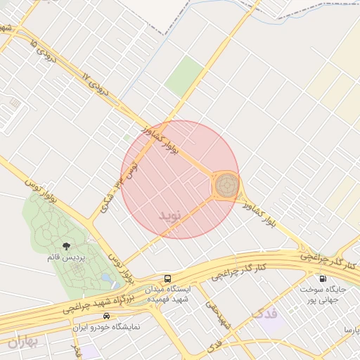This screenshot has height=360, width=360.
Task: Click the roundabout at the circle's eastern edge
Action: click(x=226, y=185)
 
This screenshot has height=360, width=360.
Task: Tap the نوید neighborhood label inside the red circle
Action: click(x=169, y=214)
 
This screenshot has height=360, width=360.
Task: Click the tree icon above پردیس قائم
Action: click(x=66, y=245)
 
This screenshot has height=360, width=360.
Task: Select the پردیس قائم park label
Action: click(x=66, y=257)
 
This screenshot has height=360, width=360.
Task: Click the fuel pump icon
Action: click(x=323, y=278)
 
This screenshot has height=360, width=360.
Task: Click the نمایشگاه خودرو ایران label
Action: click(x=107, y=327)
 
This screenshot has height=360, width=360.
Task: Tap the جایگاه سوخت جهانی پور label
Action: click(x=323, y=294)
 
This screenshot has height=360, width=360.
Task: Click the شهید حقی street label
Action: click(x=218, y=313)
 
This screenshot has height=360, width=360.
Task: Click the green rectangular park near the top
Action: click(x=184, y=76)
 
